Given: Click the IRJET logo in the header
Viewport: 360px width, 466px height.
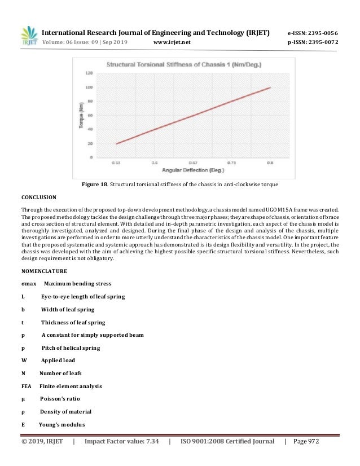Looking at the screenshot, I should [28, 36].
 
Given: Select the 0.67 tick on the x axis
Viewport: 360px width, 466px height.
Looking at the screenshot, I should [192, 162].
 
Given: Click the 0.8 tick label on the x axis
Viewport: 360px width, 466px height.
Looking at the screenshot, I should [270, 162].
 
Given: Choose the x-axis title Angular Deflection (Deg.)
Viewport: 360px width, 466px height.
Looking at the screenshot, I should [191, 170].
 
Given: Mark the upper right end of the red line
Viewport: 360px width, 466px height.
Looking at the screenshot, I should [270, 87].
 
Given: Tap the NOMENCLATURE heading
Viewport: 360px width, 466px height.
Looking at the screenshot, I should [43, 270].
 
